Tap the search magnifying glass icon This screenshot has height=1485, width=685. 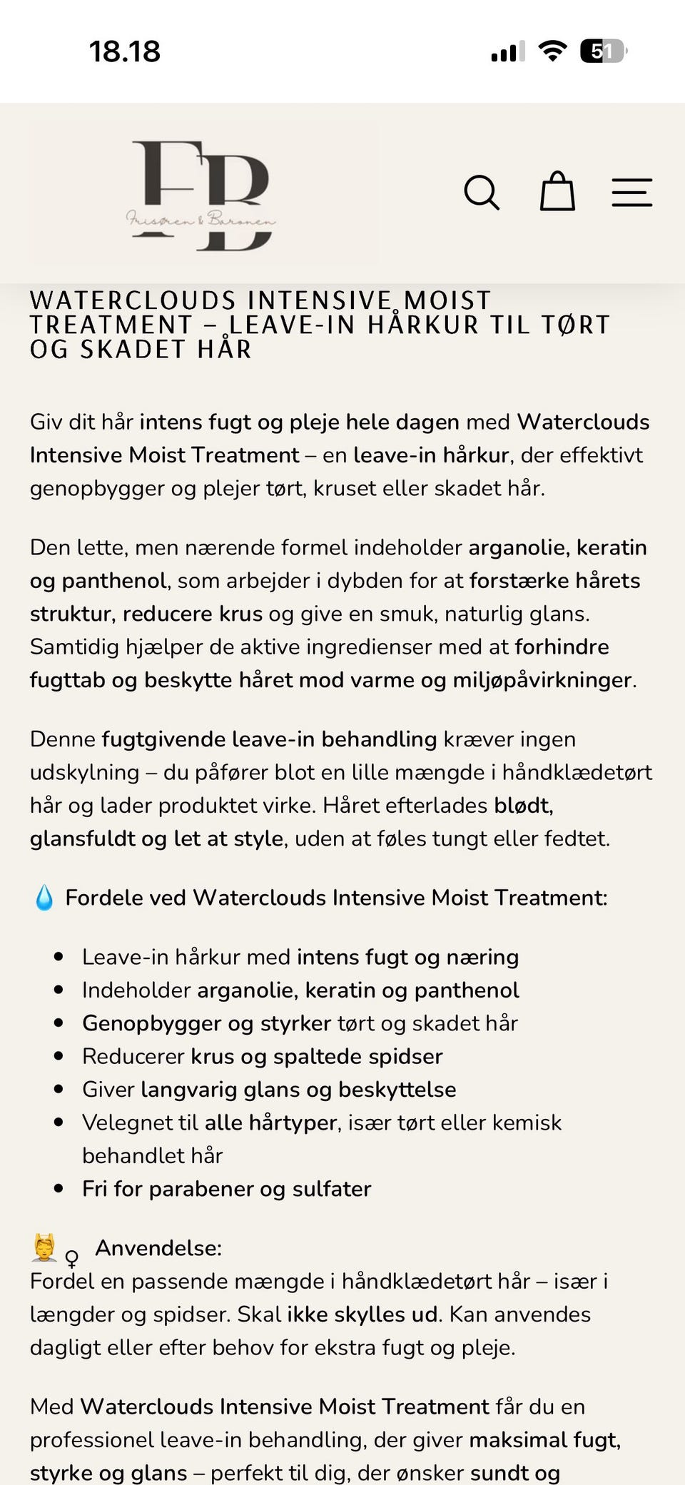(482, 193)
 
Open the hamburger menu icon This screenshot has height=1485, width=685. (631, 193)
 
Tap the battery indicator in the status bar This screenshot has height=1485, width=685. (603, 51)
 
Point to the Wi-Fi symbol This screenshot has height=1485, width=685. (552, 51)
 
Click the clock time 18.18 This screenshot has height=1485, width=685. (125, 51)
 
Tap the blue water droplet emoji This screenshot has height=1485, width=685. (44, 898)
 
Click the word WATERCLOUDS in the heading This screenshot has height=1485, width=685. (133, 300)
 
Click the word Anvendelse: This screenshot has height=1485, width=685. (158, 1248)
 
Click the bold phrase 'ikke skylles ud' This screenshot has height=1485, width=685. (362, 1314)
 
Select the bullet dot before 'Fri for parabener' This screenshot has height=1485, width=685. (59, 1189)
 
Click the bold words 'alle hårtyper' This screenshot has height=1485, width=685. (270, 1122)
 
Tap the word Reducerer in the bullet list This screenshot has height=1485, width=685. (133, 1056)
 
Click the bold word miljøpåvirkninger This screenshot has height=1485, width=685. (542, 680)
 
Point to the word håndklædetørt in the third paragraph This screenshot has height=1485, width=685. (577, 772)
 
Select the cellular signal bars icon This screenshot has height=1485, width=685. (507, 51)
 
